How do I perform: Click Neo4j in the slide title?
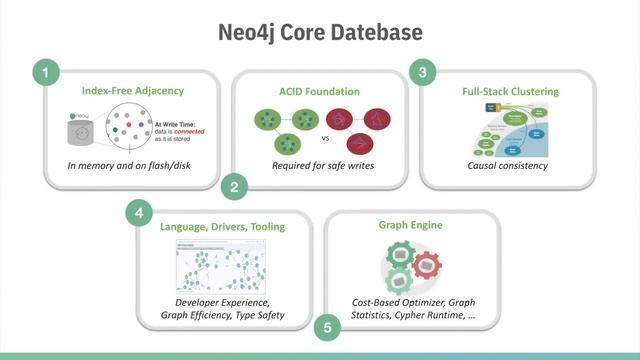252,33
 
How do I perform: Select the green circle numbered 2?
234,185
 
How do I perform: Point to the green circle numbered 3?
424,73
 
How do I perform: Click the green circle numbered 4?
139,213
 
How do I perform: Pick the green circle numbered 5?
326,327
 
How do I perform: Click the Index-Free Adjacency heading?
133,91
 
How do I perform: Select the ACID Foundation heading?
319,91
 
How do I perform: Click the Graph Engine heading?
411,225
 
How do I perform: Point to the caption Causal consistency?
508,165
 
